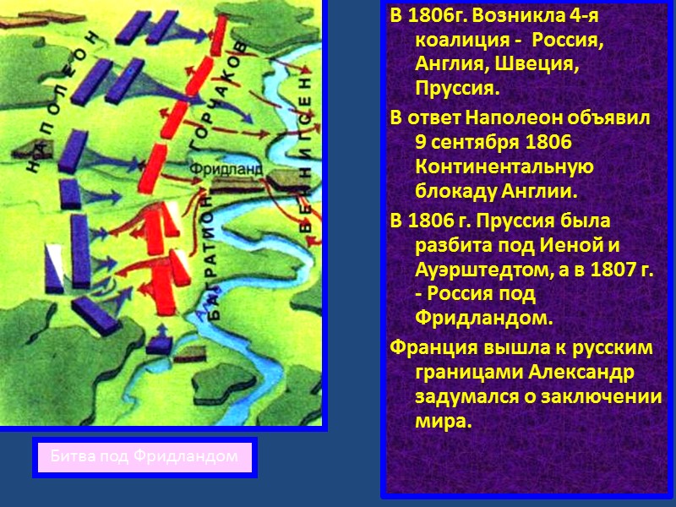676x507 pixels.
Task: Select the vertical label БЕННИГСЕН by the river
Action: click(306, 155)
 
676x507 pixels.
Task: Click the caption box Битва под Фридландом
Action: click(144, 457)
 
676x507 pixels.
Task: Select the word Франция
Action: click(428, 348)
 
